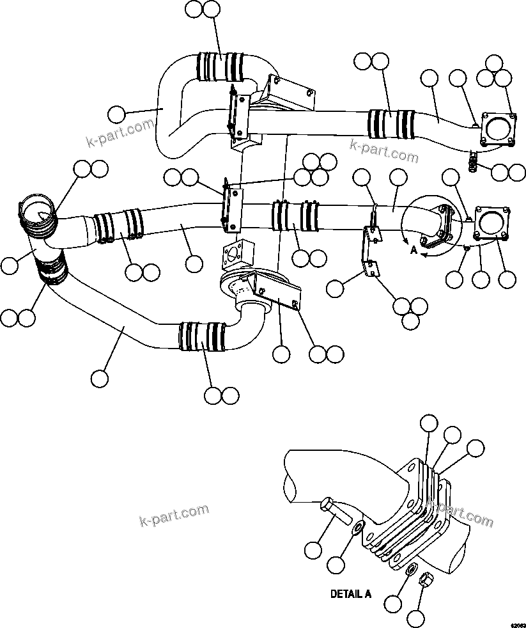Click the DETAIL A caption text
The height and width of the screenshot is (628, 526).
[x=350, y=593]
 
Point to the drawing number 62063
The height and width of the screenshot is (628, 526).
[x=516, y=623]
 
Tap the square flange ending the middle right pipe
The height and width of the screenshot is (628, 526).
[x=491, y=225]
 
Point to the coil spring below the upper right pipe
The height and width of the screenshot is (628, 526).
[x=474, y=164]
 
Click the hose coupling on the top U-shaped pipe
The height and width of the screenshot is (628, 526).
[x=220, y=67]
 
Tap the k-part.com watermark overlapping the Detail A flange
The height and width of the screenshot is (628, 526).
[x=460, y=511]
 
